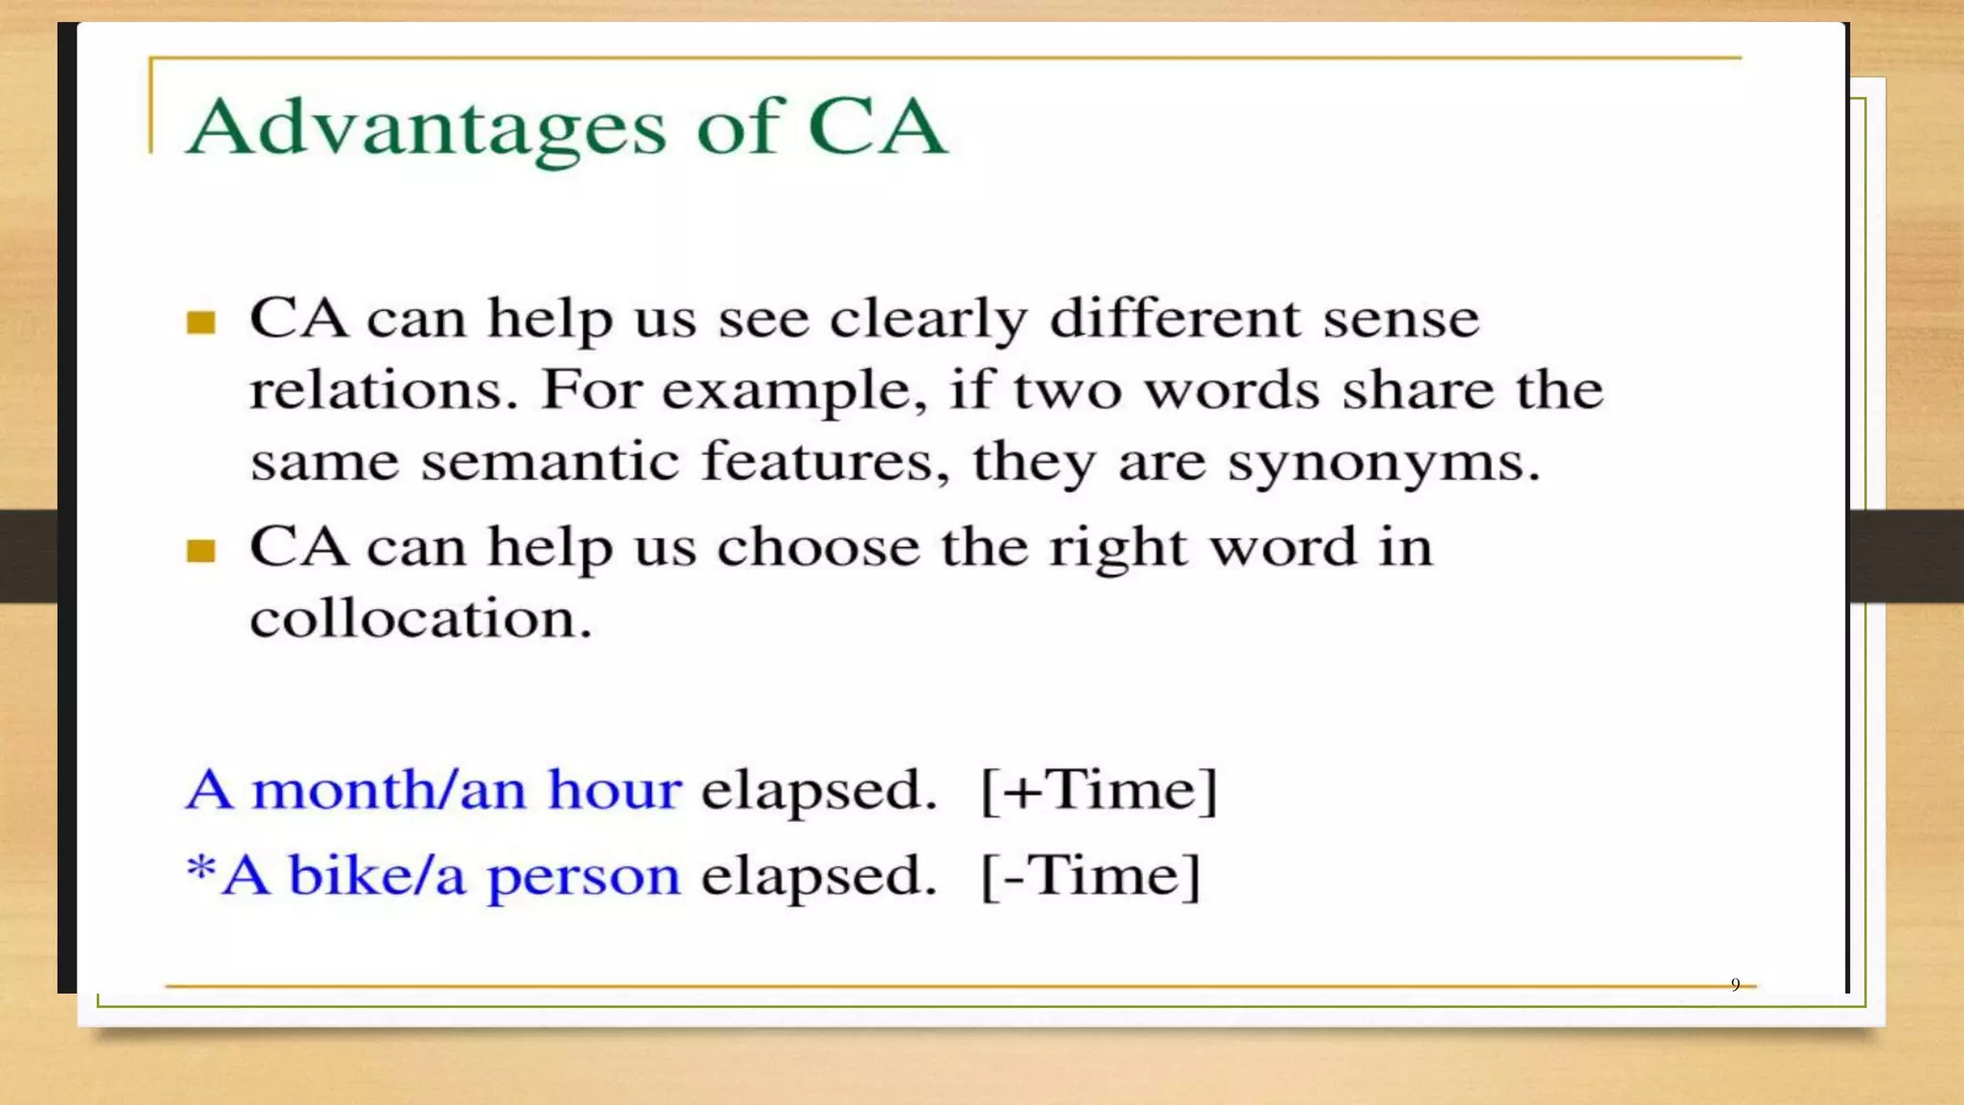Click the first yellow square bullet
click(x=200, y=322)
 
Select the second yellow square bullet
click(x=200, y=551)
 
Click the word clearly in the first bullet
click(x=927, y=319)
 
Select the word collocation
click(x=420, y=618)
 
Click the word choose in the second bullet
click(x=818, y=547)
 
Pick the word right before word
click(x=1117, y=549)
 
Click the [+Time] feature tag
click(x=1099, y=790)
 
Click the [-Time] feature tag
click(x=1090, y=876)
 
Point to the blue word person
click(x=583, y=877)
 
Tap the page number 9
click(x=1735, y=985)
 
